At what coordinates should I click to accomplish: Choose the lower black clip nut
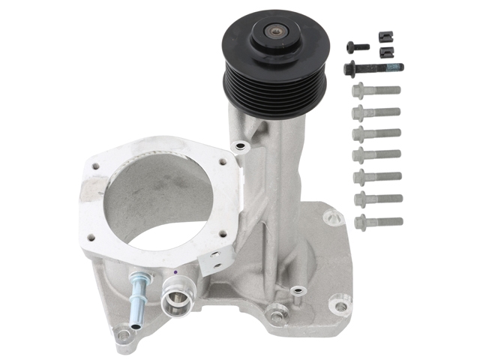[x=387, y=52]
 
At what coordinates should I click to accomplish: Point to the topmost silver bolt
[x=376, y=91]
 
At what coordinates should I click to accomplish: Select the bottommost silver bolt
[x=378, y=221]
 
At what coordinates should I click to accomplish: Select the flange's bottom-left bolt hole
[x=91, y=238]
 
